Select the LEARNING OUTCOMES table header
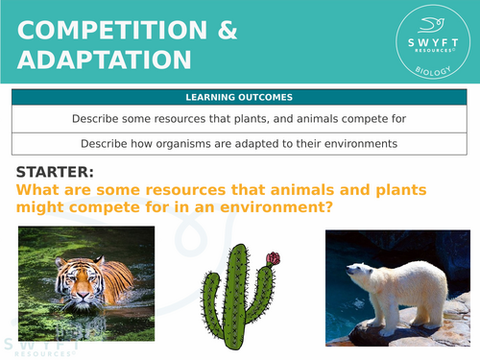tap(240, 97)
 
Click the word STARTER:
tap(55, 172)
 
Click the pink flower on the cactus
tap(273, 258)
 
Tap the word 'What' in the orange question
tap(40, 190)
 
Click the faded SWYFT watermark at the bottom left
tap(38, 343)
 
